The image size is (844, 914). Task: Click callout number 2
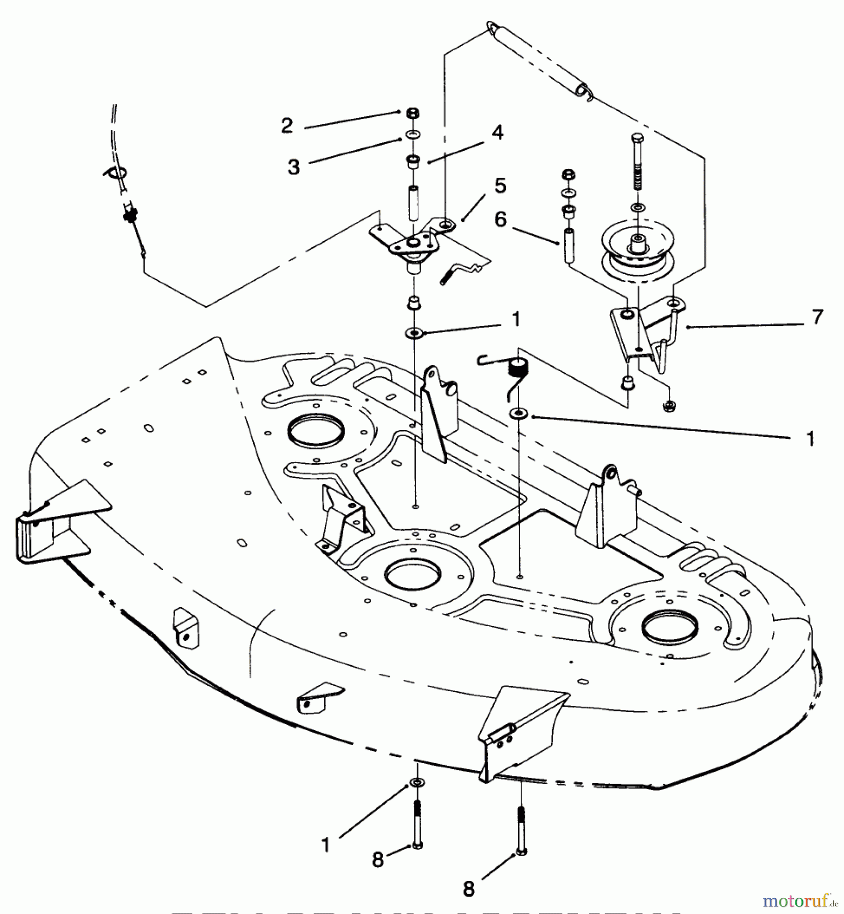[287, 126]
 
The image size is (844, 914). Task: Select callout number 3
[294, 167]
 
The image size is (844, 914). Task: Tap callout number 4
[497, 133]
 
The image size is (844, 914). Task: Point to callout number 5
[500, 186]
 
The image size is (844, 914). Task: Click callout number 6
[501, 220]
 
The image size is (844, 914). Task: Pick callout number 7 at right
[817, 317]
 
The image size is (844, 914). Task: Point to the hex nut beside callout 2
[413, 113]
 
